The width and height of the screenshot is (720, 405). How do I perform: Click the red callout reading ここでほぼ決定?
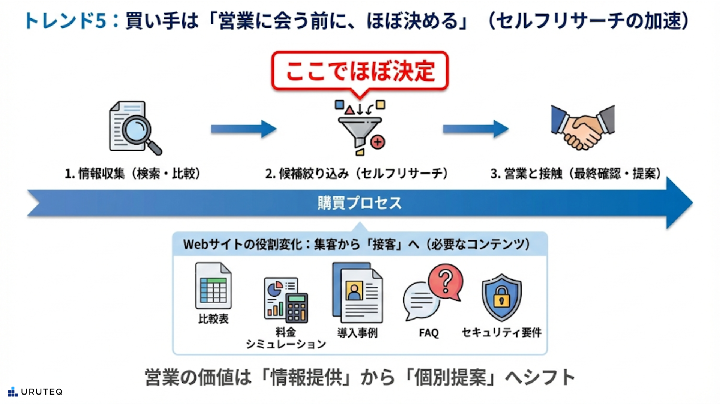(360, 71)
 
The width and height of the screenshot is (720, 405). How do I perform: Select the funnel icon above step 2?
(359, 129)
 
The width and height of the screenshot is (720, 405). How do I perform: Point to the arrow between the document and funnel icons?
(243, 129)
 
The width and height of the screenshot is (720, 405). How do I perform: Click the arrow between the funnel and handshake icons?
(475, 129)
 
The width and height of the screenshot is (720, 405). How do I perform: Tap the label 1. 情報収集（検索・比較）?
(133, 174)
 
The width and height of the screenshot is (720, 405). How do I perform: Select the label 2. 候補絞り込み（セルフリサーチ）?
(357, 174)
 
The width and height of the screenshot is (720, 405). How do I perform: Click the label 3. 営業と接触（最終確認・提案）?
(576, 174)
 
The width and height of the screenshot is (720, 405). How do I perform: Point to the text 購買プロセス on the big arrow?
(360, 203)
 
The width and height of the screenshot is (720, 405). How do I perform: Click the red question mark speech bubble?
(445, 280)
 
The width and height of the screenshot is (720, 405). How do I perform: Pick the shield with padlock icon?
(501, 297)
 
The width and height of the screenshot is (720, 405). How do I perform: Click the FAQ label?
(429, 333)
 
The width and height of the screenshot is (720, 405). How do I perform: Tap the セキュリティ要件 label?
(501, 332)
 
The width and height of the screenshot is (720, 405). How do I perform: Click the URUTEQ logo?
(35, 392)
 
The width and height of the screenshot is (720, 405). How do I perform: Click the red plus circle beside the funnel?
(378, 142)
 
